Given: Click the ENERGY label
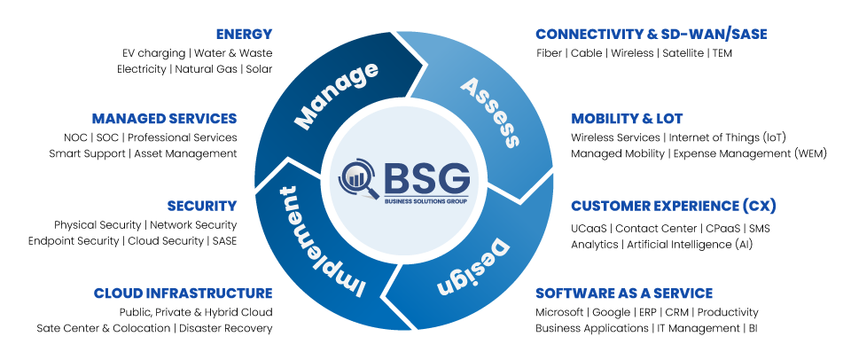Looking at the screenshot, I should (x=244, y=34).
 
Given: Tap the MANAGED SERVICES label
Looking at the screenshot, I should (x=164, y=118).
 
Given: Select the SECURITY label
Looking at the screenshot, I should (x=201, y=206).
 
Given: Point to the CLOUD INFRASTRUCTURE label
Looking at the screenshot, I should (x=183, y=293).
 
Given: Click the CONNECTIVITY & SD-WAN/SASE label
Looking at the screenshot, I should (x=651, y=34).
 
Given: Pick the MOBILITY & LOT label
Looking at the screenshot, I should (x=627, y=118).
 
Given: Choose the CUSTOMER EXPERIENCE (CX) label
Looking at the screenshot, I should (x=673, y=206).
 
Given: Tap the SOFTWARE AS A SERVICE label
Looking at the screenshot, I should (x=623, y=293).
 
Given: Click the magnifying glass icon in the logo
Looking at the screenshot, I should (x=359, y=176).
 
